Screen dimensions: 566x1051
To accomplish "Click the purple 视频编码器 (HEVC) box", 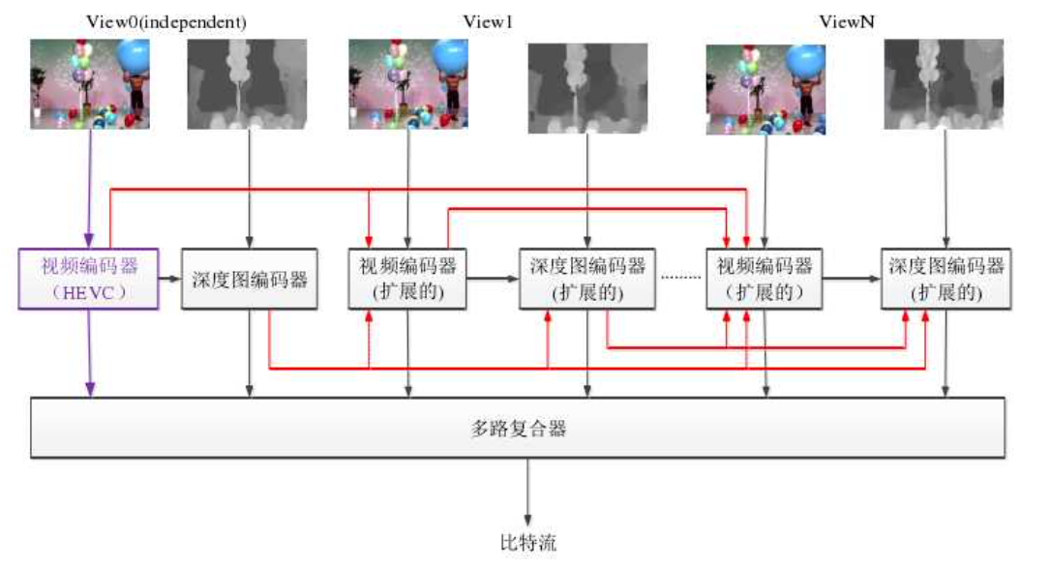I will point(88,280).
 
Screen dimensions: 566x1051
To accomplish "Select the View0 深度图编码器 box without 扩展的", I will point(251,280).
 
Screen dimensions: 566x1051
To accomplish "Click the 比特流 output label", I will point(527,542).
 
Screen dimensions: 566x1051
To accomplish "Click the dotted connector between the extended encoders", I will point(682,279).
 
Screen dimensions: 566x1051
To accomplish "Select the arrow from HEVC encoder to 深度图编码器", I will point(170,279).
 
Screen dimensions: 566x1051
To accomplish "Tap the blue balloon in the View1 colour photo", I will point(447,55).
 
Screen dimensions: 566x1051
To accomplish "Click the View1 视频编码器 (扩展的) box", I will point(407,280).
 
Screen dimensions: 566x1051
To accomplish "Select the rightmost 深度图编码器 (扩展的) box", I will point(945,280).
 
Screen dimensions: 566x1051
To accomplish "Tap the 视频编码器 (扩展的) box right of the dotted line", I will point(764,280).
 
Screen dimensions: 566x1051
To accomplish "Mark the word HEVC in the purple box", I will point(88,290).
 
